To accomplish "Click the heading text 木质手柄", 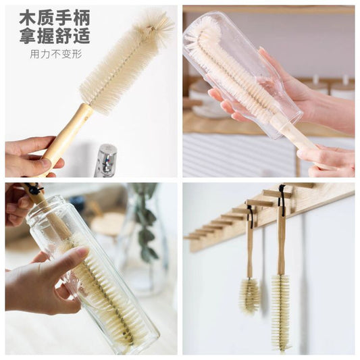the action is [x=55, y=18].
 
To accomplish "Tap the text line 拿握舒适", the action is [x=55, y=35].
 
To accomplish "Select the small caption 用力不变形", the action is [x=56, y=54].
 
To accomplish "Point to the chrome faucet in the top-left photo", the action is [x=106, y=161].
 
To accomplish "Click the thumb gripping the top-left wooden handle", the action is [x=38, y=164].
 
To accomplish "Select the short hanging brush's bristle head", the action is [x=249, y=297].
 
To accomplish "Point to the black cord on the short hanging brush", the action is [x=251, y=217].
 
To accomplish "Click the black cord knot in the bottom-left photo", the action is [x=34, y=189].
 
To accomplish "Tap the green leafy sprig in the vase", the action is [x=144, y=220].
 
